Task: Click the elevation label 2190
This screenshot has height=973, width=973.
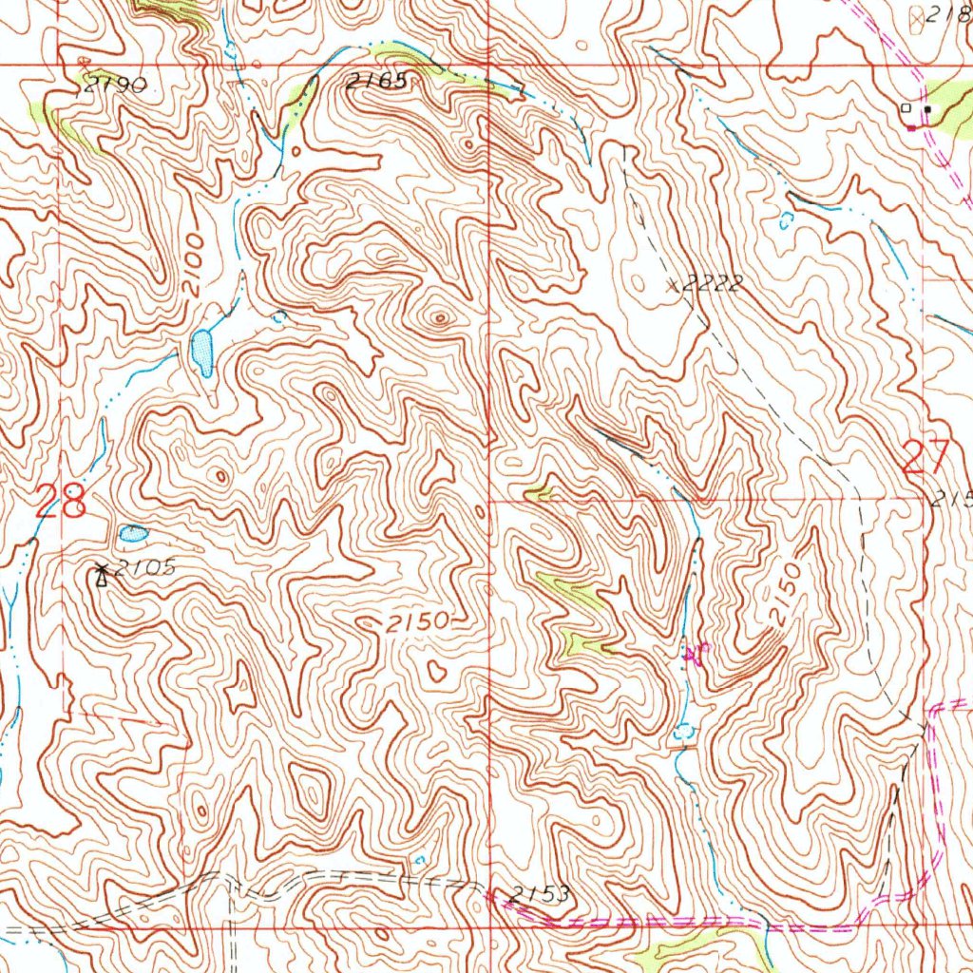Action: (114, 85)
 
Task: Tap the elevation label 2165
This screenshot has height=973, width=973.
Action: (376, 83)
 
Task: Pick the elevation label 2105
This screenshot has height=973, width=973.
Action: (144, 568)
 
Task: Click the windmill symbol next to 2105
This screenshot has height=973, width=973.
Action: (101, 574)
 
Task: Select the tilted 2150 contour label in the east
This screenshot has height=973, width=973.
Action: (786, 596)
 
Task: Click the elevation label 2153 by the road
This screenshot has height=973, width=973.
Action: (538, 893)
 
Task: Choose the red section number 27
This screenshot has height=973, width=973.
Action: (925, 459)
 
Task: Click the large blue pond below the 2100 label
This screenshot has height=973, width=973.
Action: (201, 352)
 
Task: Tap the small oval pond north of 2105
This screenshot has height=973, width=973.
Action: (132, 534)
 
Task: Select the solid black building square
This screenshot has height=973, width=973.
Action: (927, 109)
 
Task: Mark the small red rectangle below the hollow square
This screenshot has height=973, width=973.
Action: (911, 127)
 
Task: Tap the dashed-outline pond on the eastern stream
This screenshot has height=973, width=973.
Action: (684, 733)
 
